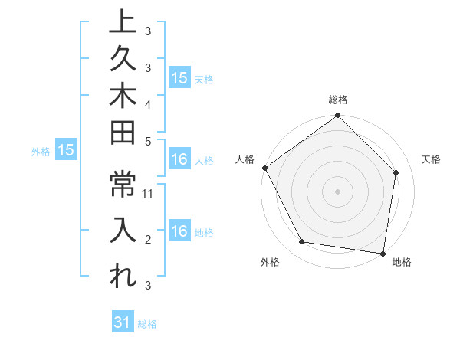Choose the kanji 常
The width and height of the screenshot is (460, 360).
(x=123, y=186)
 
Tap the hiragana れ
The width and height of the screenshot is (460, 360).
(x=123, y=277)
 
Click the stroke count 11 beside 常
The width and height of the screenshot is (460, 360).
(x=149, y=194)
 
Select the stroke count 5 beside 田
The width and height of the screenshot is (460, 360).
(x=148, y=141)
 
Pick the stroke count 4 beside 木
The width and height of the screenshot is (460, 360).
(x=148, y=103)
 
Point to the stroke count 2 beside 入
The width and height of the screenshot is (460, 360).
(x=148, y=240)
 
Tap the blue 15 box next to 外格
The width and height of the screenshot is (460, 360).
(x=66, y=151)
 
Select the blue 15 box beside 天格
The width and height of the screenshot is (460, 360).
(x=179, y=78)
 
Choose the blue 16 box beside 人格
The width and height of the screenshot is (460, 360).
(x=179, y=160)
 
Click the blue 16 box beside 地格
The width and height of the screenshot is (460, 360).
(x=179, y=232)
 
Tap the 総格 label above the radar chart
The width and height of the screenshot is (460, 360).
(x=338, y=100)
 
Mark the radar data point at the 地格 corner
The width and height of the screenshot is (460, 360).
(x=383, y=253)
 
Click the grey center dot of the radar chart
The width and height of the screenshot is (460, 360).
(x=338, y=191)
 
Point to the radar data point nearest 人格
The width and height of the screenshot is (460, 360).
(x=264, y=168)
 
